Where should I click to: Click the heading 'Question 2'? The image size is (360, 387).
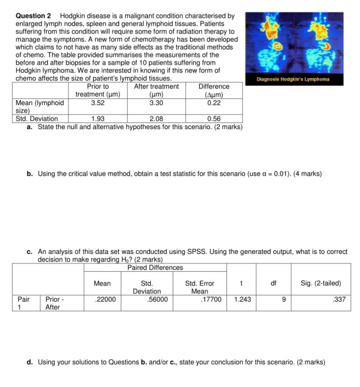pos(33,16)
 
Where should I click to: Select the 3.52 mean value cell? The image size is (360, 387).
pos(98,103)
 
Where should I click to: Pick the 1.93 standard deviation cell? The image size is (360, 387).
pos(98,119)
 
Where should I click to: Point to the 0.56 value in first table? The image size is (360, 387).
pos(214,119)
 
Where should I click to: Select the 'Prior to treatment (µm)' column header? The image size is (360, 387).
pos(98,90)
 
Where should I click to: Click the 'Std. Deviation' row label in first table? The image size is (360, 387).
pos(37,119)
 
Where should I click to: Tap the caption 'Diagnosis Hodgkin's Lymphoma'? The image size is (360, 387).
pos(293,79)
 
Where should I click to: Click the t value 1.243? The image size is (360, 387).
pos(243,300)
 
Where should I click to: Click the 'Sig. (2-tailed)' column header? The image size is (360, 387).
pos(321,283)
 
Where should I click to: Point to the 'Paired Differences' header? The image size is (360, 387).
pos(155,267)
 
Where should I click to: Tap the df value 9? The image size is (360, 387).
pos(284,300)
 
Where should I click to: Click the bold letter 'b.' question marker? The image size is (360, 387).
pos(30,174)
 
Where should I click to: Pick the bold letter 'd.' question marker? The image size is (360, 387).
pos(30,362)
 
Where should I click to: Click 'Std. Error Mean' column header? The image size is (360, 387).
pos(200,287)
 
